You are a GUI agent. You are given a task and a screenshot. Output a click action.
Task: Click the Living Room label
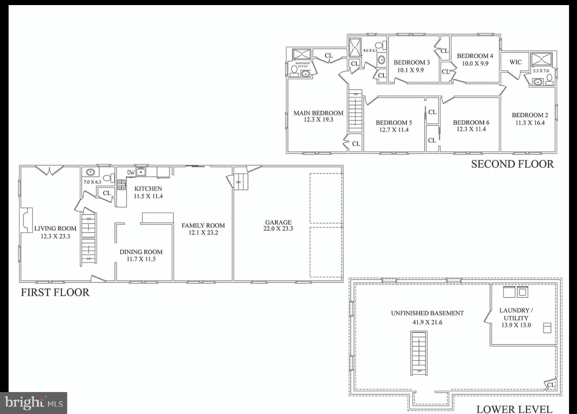(55, 228)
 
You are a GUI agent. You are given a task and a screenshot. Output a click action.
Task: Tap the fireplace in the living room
(27, 220)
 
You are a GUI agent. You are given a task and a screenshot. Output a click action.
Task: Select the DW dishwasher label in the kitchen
(131, 173)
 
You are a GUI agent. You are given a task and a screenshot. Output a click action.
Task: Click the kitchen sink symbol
(141, 172)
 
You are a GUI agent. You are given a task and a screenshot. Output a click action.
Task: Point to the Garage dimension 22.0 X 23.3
(278, 229)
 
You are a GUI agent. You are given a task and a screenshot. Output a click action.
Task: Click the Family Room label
(203, 226)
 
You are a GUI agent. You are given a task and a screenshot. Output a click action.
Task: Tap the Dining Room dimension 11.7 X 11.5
(141, 259)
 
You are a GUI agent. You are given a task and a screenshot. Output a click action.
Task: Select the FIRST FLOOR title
(55, 292)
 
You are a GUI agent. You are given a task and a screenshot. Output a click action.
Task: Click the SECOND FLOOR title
(512, 164)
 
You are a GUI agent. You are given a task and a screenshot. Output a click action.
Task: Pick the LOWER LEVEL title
(514, 409)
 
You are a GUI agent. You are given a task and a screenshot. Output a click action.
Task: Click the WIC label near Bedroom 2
(515, 62)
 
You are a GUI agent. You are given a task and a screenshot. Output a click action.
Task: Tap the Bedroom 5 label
(394, 123)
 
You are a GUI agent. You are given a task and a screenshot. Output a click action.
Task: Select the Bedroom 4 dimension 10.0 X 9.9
(475, 63)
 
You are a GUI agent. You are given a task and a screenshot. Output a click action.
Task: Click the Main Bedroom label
(318, 113)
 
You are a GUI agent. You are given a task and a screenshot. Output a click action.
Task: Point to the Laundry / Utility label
(516, 314)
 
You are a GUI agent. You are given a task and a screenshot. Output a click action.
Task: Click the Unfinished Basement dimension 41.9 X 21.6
(427, 322)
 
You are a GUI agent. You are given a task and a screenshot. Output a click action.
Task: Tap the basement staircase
(419, 353)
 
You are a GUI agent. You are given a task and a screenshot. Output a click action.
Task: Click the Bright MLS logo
(33, 403)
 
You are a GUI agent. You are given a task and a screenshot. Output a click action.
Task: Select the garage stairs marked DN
(241, 182)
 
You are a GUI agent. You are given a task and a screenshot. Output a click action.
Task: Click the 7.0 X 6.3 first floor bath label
(92, 182)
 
